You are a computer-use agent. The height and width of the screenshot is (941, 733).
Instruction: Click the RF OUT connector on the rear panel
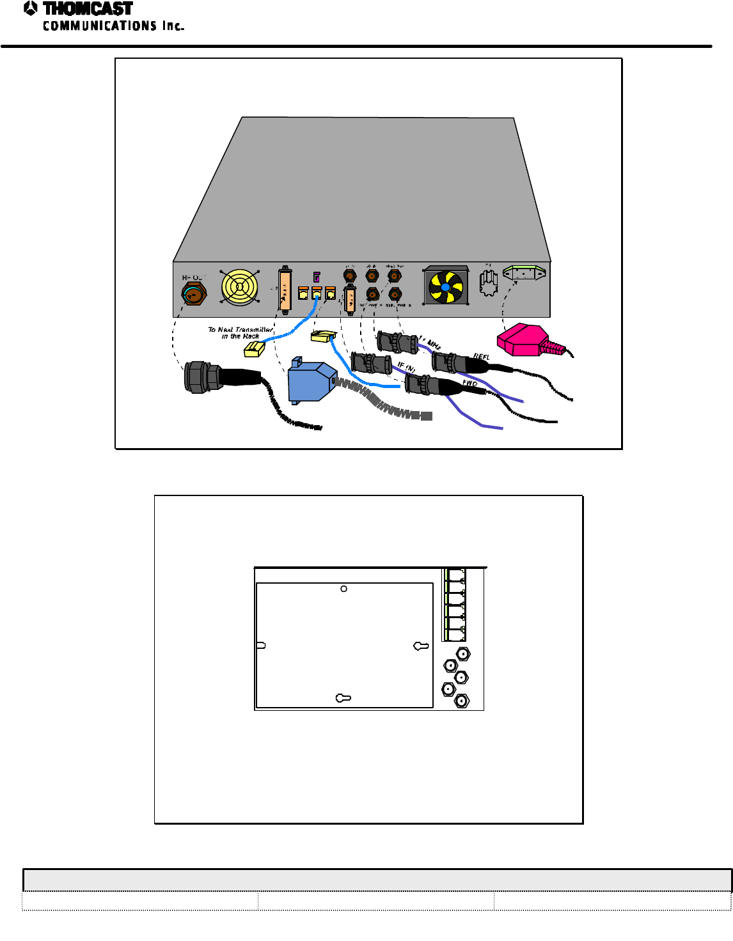(193, 294)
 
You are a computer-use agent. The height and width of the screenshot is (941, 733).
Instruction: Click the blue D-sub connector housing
(311, 382)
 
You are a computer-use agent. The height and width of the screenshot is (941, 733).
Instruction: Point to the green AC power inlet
(524, 273)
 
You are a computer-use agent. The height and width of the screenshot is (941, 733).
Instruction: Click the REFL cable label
(481, 357)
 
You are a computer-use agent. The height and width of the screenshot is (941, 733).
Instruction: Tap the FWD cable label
(469, 383)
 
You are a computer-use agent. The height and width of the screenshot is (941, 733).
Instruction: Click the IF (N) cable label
(406, 367)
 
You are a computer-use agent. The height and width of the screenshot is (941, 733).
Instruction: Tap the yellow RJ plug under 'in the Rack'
(255, 349)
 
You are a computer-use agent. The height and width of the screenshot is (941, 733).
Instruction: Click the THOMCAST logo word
(88, 9)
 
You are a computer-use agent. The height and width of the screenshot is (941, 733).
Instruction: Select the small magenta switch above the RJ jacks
(316, 277)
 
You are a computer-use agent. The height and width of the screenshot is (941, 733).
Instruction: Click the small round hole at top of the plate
(344, 589)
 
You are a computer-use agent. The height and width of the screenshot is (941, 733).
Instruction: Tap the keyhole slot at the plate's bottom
(343, 698)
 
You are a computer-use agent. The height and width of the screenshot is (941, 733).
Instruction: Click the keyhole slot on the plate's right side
(421, 646)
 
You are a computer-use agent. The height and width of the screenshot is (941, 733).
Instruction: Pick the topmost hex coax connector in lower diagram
(463, 654)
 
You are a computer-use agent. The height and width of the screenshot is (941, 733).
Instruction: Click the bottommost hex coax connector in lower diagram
(462, 701)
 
